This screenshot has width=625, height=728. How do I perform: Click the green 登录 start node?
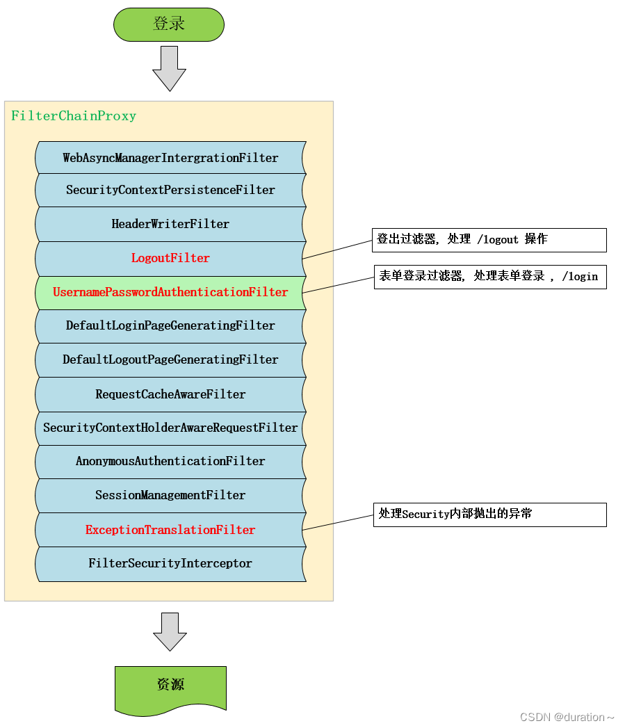coord(169,24)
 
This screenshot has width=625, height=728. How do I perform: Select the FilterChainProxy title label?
coord(74,116)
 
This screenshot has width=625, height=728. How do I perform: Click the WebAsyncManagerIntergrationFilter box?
coord(170,158)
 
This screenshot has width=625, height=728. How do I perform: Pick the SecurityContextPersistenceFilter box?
coord(170,190)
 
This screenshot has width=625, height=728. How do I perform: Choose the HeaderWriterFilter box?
coord(170,224)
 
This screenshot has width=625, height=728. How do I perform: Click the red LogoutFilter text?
coord(170,258)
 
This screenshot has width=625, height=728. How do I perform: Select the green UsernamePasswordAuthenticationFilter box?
coord(170,292)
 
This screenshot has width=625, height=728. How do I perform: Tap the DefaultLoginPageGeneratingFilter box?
coord(170,325)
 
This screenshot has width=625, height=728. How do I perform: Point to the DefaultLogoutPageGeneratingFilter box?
coord(170,359)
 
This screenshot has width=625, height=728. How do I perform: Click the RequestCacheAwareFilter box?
coord(170,394)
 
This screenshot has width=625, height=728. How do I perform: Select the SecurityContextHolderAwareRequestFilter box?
coord(170,428)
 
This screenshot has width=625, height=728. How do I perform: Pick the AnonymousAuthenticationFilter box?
coord(170,461)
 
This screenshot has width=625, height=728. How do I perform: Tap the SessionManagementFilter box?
coord(170,495)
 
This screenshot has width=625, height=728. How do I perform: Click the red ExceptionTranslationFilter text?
coord(170,530)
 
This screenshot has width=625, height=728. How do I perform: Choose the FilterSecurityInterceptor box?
coord(170,563)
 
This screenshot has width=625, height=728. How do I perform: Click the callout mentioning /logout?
coord(489,240)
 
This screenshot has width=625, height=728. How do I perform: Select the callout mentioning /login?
coord(489,277)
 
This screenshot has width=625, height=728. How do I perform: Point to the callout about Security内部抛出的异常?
coord(489,515)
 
